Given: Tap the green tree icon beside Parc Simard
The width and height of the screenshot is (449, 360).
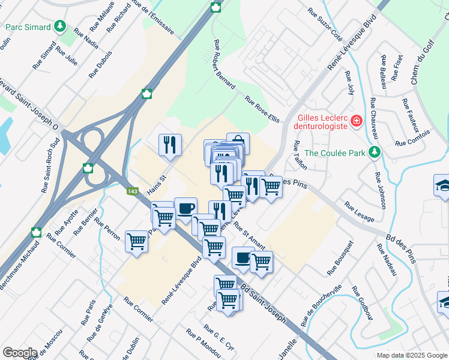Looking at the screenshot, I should point(59,26).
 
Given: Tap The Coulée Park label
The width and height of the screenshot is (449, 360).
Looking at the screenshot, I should point(335,152).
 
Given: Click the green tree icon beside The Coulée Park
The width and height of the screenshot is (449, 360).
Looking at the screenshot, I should point(375,152).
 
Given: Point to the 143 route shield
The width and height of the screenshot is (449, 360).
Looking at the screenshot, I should point(132,191).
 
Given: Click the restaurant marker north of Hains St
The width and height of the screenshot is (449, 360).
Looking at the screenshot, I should point(170,145).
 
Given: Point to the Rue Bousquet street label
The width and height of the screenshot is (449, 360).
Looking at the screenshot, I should point(340,258).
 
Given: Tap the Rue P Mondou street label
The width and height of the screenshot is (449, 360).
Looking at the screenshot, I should point(203,342).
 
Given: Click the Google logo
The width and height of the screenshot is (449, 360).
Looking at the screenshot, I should point(20,353).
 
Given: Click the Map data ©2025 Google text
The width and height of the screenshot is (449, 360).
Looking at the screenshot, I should point(411,355).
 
